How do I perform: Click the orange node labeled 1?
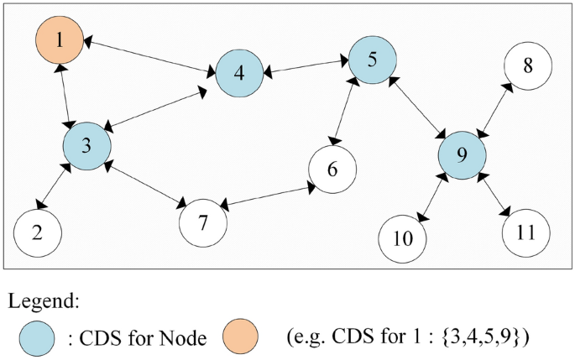point(59,39)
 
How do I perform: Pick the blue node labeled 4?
point(240,73)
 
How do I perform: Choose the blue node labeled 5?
point(371,60)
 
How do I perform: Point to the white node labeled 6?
point(332,170)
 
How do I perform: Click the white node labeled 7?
point(204,222)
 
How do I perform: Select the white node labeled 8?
point(528,65)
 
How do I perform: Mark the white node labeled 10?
point(403,238)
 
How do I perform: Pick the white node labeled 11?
point(525,232)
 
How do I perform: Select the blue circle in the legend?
point(39,337)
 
